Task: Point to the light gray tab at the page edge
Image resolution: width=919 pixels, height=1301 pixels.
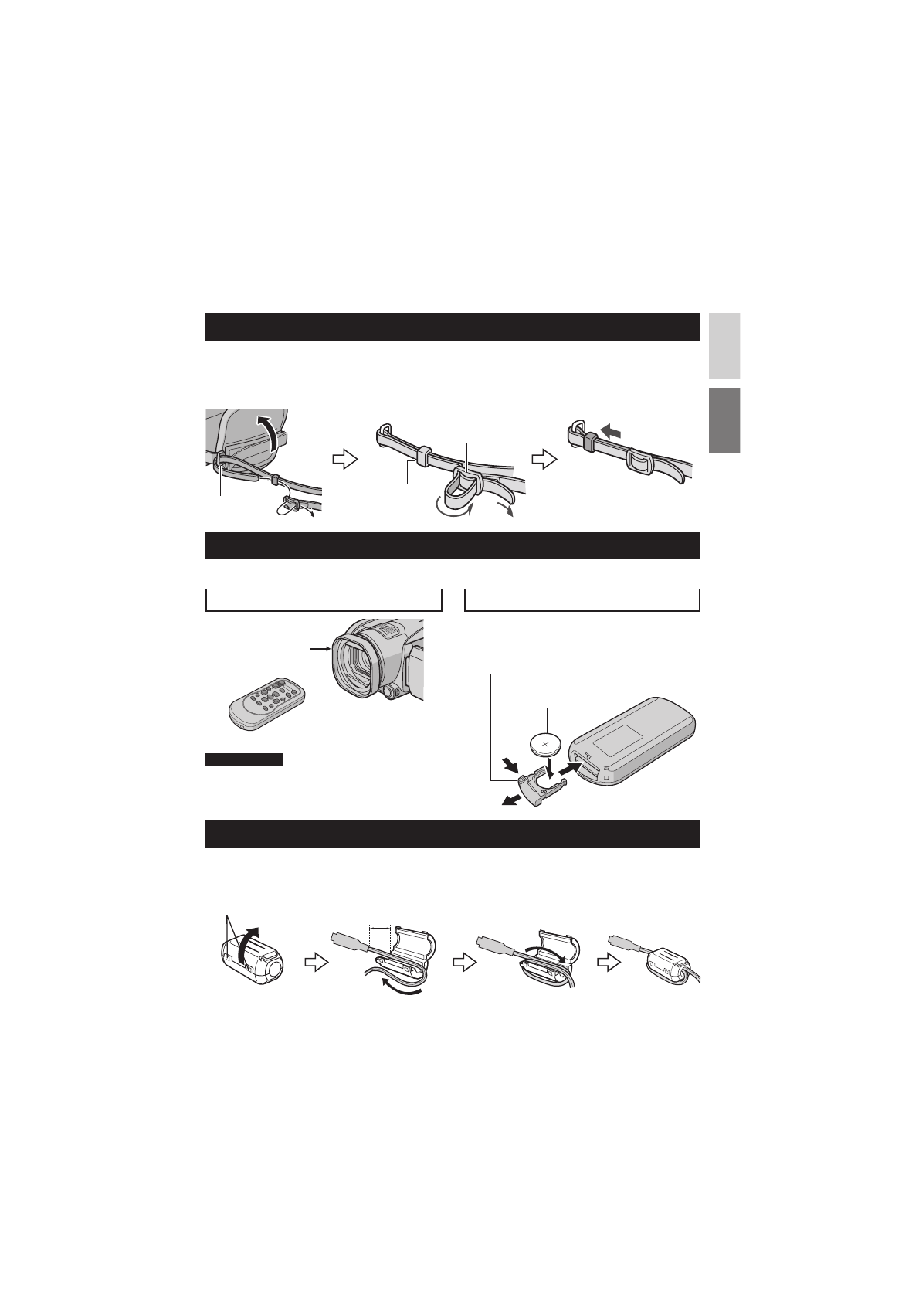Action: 724,345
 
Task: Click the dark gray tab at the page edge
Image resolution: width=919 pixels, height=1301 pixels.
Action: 724,420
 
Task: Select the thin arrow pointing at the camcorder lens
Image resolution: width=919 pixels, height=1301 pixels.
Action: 319,650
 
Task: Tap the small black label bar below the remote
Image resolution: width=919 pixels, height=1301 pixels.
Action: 244,759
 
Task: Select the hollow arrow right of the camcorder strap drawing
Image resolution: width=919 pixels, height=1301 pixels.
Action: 342,459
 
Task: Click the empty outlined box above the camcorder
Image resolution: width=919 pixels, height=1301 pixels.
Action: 324,600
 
